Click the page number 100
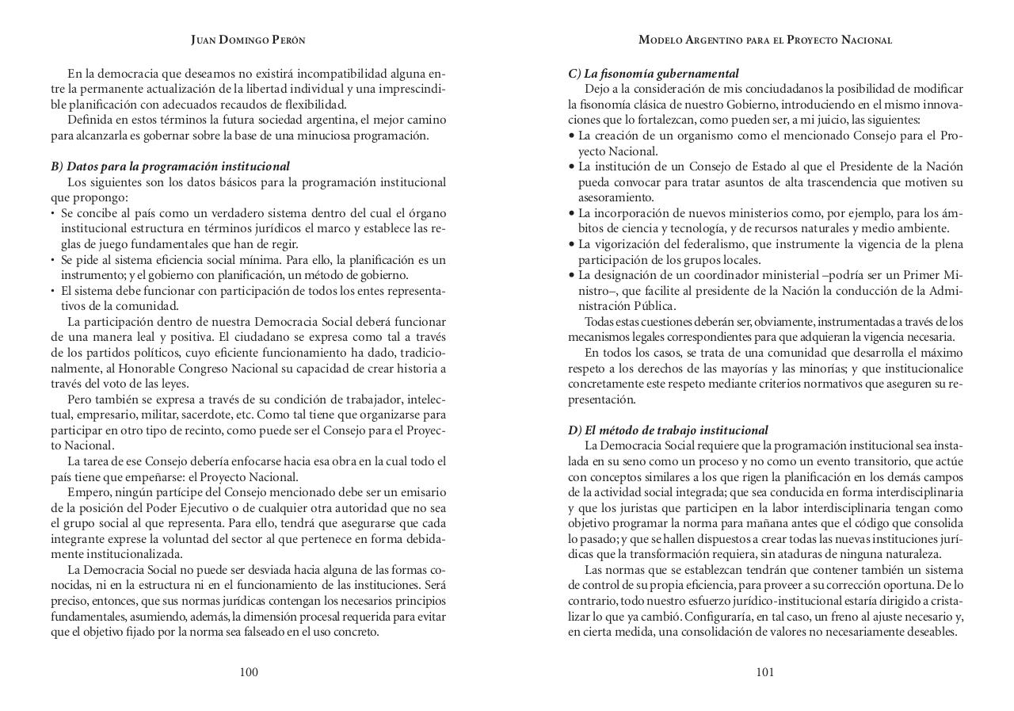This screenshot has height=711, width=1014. (x=249, y=672)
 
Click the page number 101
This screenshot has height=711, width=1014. (x=764, y=672)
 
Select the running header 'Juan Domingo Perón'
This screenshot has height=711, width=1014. (x=248, y=40)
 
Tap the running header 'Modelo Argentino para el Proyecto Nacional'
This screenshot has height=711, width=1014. (x=765, y=40)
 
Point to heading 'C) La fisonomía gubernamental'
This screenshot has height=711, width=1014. (x=653, y=74)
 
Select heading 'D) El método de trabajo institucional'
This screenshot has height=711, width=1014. (x=667, y=430)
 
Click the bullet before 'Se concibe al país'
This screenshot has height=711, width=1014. (x=53, y=214)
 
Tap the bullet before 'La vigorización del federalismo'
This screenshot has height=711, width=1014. (x=572, y=244)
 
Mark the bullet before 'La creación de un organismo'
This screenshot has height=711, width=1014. (x=572, y=136)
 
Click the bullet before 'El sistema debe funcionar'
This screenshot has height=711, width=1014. (x=53, y=291)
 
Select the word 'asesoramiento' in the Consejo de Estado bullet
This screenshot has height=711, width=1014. (x=616, y=198)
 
